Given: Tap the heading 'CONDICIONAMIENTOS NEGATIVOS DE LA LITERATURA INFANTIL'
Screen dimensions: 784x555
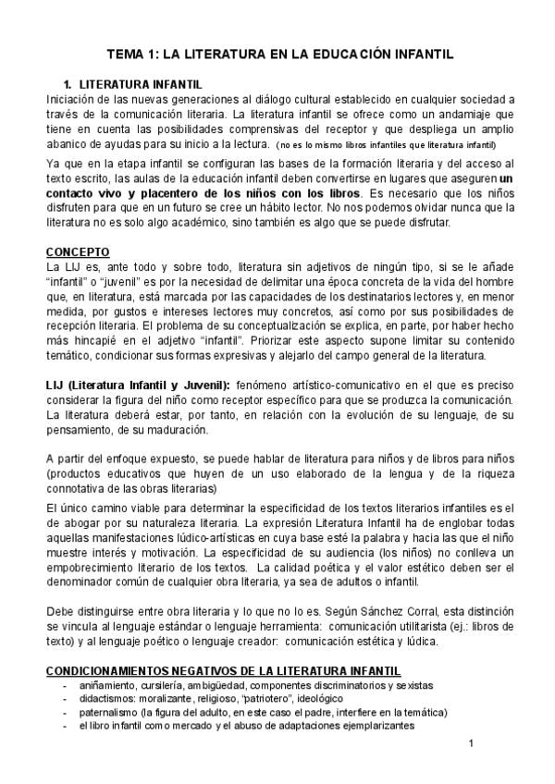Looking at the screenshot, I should point(224,669).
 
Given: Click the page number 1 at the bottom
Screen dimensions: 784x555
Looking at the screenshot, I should point(471,744).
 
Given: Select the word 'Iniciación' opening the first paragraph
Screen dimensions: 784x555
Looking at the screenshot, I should point(70,99).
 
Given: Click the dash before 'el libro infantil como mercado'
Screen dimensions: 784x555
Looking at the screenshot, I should point(64,727).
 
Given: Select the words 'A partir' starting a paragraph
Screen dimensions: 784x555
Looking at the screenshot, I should point(66,459).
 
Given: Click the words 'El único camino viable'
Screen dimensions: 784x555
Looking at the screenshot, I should point(107,508).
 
